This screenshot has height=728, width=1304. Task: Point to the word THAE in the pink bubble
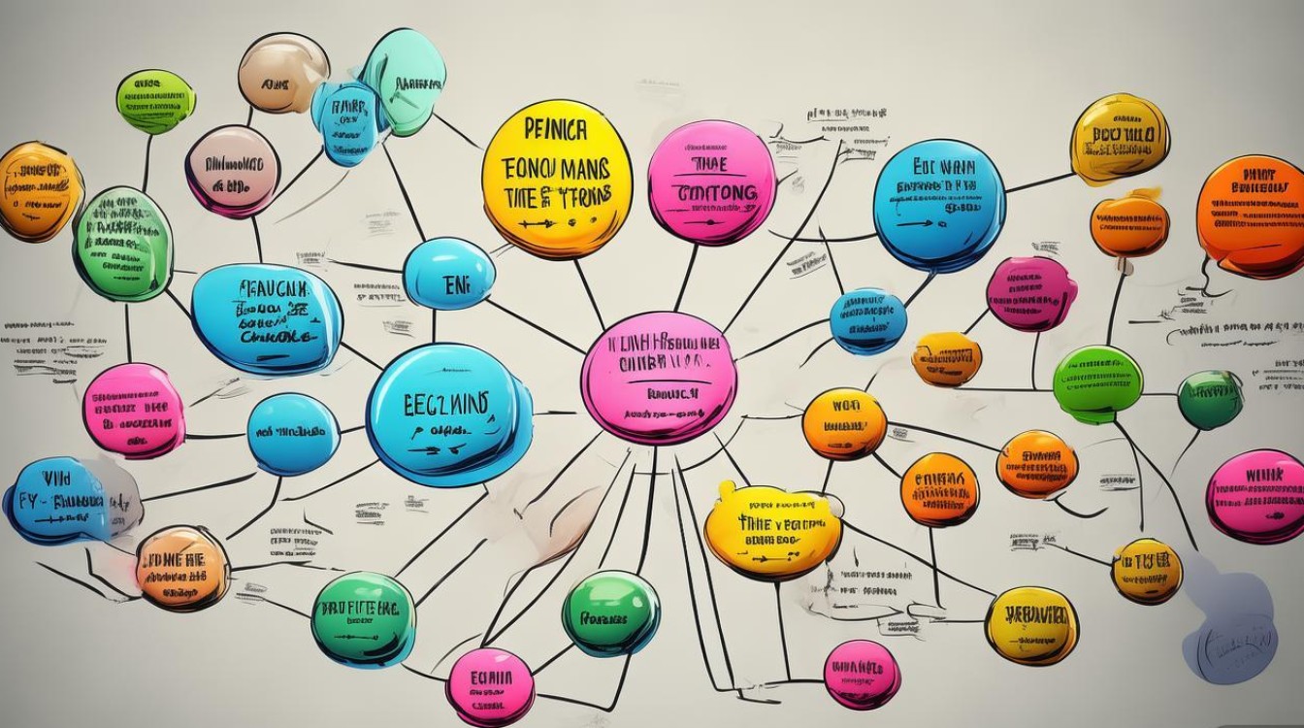711,163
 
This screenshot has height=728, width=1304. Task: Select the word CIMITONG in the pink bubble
713,192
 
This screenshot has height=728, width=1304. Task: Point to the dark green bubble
1210,399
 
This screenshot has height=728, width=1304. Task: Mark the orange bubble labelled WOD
844,423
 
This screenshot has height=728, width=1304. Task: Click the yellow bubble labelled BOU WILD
1120,139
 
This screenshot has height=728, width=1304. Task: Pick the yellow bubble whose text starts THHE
772,528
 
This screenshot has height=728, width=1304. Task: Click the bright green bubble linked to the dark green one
1097,384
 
